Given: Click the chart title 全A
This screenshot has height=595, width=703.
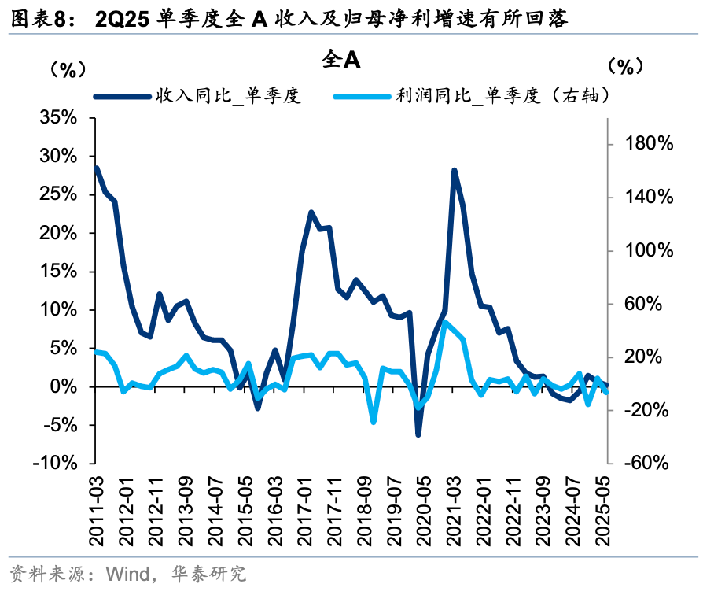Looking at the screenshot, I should click(x=340, y=60).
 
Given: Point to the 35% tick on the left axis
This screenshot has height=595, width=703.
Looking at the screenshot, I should click(x=58, y=118).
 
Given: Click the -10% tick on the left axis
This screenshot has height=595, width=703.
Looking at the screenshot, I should click(x=55, y=464).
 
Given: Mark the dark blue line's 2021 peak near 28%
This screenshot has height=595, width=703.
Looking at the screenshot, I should click(x=455, y=170).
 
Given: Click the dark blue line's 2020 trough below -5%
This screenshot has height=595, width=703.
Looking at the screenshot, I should click(x=418, y=434).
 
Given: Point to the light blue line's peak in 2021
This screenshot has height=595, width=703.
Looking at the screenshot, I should click(x=445, y=322).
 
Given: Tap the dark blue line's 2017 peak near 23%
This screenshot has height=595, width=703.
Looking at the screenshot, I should click(x=311, y=213).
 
